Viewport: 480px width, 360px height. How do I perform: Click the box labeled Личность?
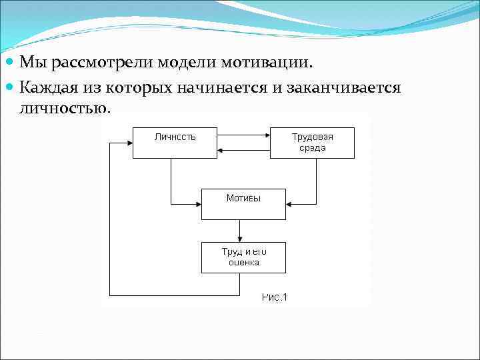(175, 142)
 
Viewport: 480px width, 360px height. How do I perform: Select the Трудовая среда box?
(312, 142)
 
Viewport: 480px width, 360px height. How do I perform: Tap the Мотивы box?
(243, 203)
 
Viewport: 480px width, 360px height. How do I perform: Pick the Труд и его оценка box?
(243, 257)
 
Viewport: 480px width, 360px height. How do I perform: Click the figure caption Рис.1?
(274, 297)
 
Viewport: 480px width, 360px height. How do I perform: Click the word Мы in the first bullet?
(33, 63)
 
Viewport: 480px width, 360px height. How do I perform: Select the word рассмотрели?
(101, 63)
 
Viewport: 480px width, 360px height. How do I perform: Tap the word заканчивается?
(343, 87)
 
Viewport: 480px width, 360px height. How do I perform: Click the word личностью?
(64, 108)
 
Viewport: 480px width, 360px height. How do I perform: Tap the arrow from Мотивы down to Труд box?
(239, 231)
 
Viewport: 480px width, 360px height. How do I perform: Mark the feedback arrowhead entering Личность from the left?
(129, 142)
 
